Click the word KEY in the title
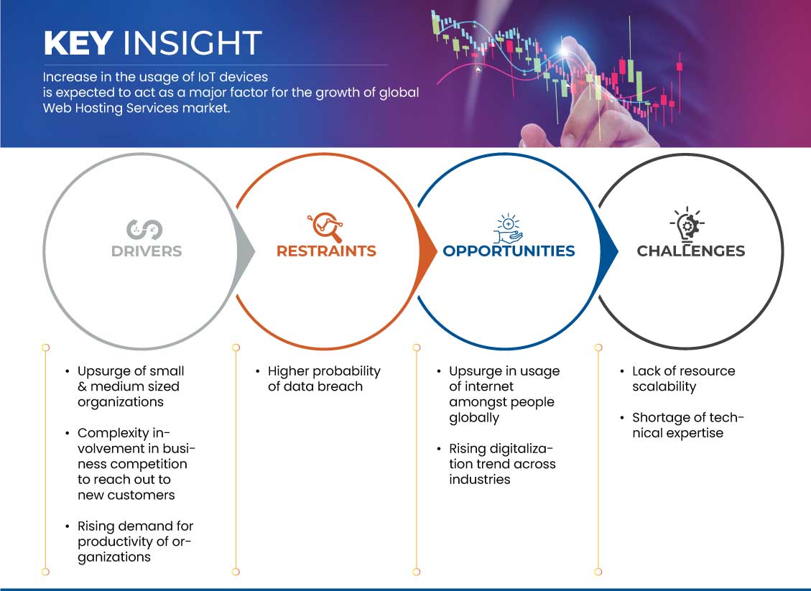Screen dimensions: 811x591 [x=78, y=42]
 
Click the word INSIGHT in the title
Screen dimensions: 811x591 [x=192, y=42]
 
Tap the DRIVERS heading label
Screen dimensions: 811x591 [x=147, y=251]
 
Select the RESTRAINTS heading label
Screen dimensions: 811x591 [x=326, y=251]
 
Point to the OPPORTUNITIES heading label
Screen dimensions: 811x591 [x=509, y=251]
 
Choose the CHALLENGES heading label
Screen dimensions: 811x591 [x=690, y=251]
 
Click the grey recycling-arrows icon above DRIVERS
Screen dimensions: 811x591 [x=144, y=230]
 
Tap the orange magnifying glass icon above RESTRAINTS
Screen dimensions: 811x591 [x=325, y=227]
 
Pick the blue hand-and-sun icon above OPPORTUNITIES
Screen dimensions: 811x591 [x=508, y=228]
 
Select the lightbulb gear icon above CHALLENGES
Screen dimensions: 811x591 [x=687, y=224]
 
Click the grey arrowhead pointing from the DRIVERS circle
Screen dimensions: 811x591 [x=245, y=252]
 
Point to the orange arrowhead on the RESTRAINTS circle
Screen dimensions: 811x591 [x=427, y=252]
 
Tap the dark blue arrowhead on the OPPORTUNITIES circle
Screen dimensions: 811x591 [x=608, y=252]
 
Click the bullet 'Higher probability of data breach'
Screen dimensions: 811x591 [x=324, y=378]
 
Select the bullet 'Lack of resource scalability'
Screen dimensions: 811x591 [x=683, y=378]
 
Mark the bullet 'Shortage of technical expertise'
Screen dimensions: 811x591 [x=688, y=425]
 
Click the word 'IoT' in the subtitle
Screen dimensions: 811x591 [x=206, y=77]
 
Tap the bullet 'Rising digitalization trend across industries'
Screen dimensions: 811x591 [x=502, y=464]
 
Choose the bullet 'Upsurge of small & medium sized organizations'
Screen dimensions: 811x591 [x=131, y=386]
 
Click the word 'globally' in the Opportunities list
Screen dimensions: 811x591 [x=474, y=419]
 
